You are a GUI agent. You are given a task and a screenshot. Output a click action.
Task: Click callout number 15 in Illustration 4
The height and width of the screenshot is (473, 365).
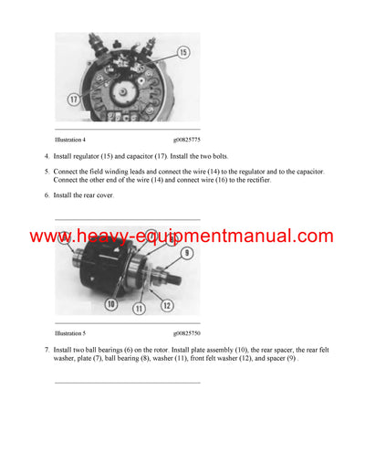[x=183, y=53]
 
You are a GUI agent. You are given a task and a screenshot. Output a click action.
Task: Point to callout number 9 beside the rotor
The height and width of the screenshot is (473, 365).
[x=187, y=253]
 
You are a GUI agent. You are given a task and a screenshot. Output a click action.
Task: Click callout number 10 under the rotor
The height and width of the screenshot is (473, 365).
[x=111, y=303]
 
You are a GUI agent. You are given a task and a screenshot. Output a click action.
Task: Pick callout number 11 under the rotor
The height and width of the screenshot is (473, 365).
[x=140, y=309]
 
